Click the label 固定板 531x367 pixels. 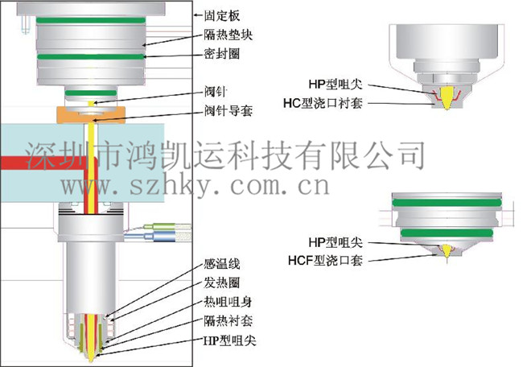(222, 15)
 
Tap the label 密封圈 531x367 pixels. (222, 56)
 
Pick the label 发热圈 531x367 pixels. (222, 283)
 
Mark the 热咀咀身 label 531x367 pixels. (228, 303)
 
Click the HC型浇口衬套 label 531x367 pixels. (326, 102)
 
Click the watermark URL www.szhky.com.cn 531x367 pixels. (193, 188)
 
